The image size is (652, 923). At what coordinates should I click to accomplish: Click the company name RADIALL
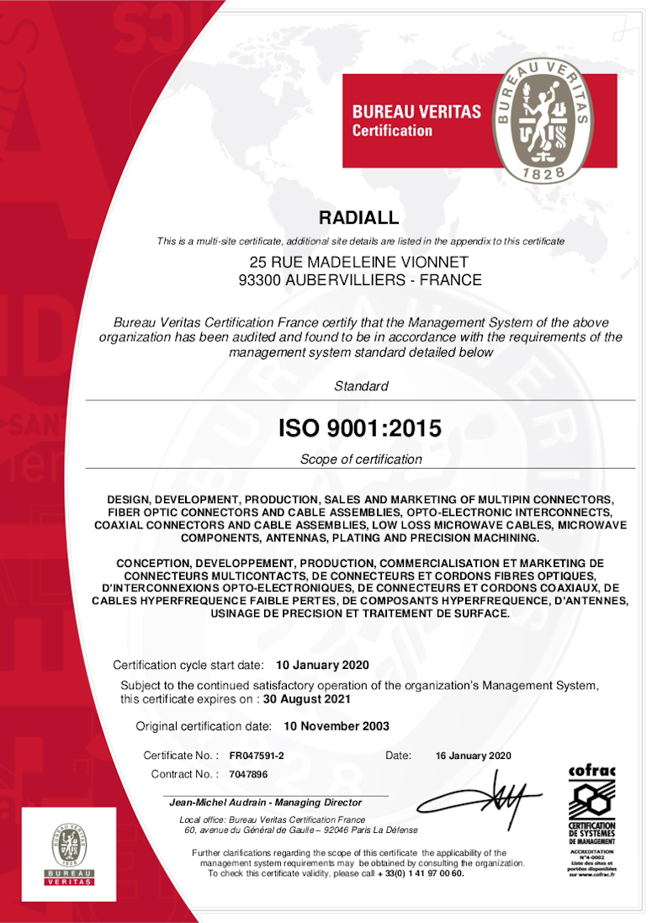[360, 218]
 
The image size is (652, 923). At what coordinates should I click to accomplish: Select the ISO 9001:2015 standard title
[360, 428]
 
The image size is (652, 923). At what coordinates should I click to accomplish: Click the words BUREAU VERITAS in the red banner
[416, 111]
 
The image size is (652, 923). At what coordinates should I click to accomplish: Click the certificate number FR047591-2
[257, 756]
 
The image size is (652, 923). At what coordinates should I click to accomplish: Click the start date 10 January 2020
[322, 665]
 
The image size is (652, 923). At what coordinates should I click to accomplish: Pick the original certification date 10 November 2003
[337, 725]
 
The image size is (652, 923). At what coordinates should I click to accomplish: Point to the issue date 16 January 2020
[473, 756]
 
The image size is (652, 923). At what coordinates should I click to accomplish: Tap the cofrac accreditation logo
[592, 820]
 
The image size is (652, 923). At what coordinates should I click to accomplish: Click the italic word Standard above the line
[361, 386]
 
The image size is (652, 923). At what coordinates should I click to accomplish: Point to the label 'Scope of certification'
[361, 459]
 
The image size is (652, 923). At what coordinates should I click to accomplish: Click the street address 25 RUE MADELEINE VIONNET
[360, 263]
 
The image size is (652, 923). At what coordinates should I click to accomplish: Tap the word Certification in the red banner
[392, 130]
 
